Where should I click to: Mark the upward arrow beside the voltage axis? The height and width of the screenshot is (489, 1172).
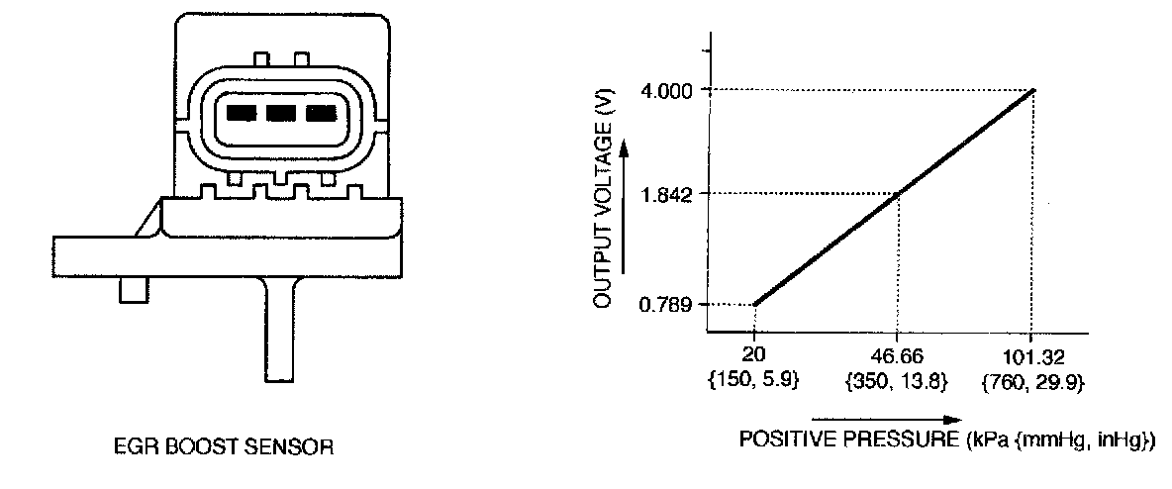tap(626, 203)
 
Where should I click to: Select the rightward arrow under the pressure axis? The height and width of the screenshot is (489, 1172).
tap(890, 419)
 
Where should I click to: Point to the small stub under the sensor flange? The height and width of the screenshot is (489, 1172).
tap(133, 290)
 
